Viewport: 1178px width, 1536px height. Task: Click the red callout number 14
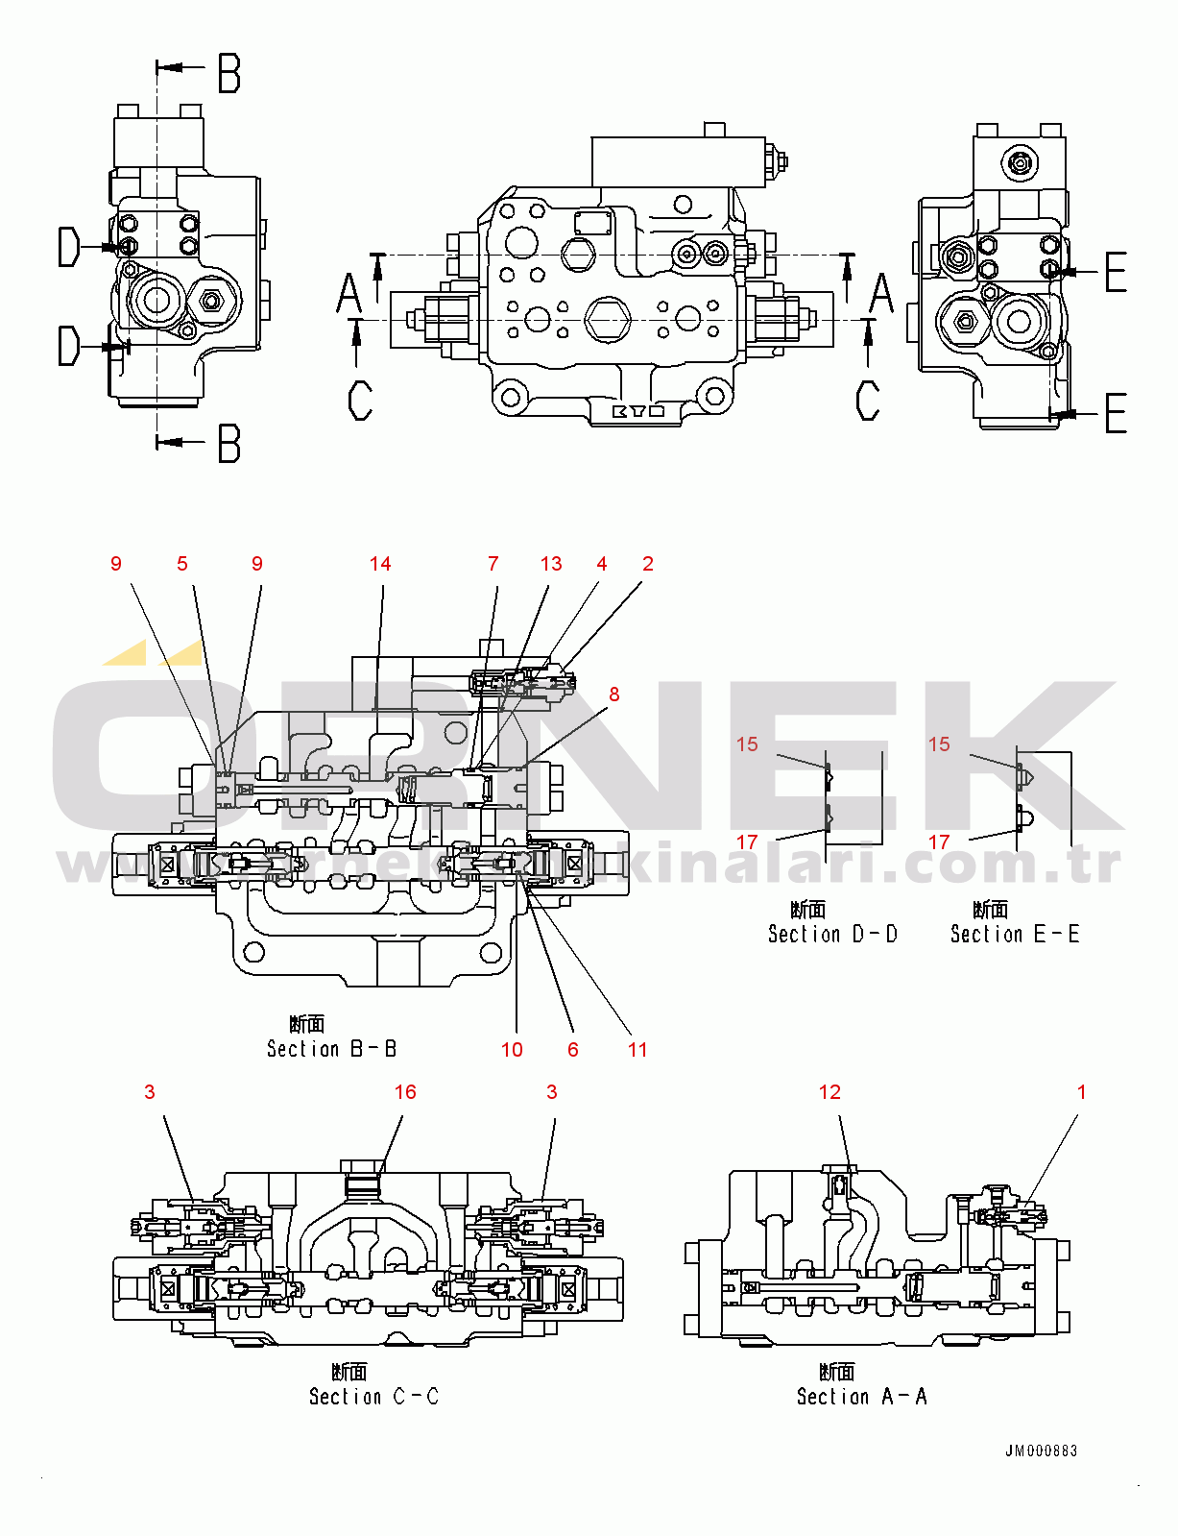(380, 564)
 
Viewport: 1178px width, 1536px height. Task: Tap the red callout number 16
(405, 1092)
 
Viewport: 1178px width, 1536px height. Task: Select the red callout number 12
(829, 1092)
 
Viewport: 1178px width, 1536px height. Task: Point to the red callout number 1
(1082, 1092)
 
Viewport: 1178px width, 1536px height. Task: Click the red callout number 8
(614, 695)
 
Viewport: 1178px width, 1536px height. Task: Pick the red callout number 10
(512, 1050)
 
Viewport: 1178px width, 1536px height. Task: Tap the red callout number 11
(637, 1050)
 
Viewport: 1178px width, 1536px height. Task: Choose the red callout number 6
(573, 1050)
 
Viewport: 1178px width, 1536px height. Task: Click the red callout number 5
(182, 564)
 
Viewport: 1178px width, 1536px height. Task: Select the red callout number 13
(551, 564)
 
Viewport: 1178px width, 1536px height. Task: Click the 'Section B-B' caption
(331, 1049)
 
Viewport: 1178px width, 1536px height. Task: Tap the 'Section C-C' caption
(373, 1397)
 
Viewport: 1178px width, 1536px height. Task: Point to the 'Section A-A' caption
(861, 1397)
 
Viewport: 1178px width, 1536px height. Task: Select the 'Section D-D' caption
(832, 934)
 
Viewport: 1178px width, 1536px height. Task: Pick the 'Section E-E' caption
(1015, 934)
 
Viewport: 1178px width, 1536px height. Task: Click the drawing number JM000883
(1042, 1451)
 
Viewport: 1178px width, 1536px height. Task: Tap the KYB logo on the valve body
(638, 411)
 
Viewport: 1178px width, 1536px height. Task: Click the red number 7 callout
(493, 564)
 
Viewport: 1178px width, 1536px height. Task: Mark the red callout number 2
(648, 564)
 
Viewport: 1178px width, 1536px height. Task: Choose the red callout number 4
(602, 564)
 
